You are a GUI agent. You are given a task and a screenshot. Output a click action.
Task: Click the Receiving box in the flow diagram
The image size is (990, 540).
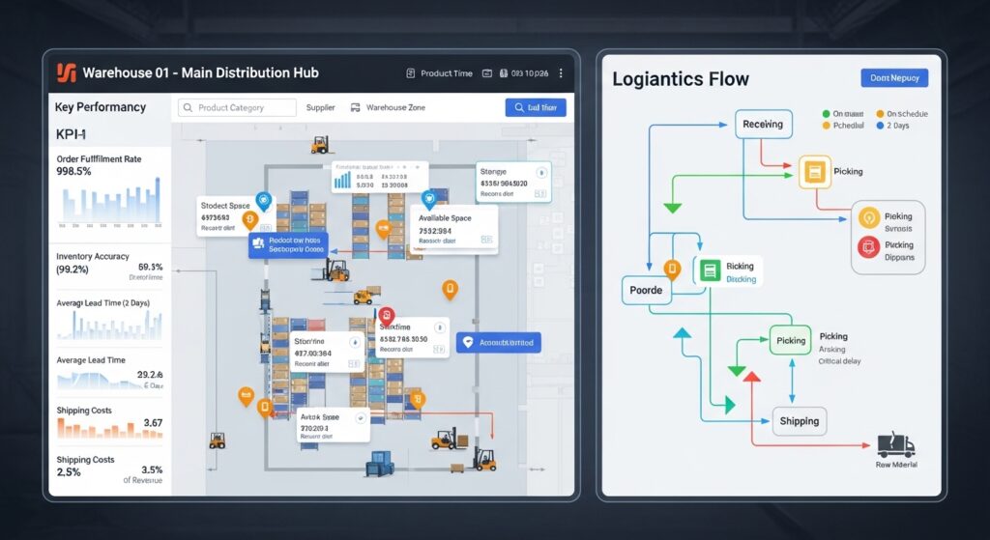tap(764, 124)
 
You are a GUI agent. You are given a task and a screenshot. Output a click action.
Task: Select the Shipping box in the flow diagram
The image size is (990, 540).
tap(800, 420)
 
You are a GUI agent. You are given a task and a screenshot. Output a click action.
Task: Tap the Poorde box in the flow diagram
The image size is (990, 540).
tap(646, 290)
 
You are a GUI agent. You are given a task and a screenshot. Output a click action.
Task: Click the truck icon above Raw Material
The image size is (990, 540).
tap(895, 444)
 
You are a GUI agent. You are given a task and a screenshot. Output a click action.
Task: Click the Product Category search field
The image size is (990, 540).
tap(236, 108)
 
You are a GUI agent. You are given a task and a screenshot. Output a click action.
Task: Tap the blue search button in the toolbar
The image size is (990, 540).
tap(535, 108)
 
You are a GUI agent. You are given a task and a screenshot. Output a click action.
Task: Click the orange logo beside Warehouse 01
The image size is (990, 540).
tap(66, 72)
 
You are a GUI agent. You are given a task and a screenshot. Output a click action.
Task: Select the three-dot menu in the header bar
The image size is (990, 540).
tap(561, 72)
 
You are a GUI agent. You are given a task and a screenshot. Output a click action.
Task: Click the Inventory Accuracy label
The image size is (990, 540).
tap(94, 257)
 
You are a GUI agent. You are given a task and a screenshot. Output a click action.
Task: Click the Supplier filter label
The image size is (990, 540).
tap(320, 108)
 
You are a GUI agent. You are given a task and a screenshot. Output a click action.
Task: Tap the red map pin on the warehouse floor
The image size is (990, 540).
tap(386, 316)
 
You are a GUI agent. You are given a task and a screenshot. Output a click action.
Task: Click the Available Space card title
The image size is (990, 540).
tap(445, 218)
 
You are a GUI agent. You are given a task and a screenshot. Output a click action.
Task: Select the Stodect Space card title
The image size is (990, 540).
tap(225, 205)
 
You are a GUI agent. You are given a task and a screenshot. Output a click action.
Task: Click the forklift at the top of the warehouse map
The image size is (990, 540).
tap(320, 144)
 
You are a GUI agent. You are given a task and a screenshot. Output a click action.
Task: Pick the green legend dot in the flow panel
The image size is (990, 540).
tap(825, 114)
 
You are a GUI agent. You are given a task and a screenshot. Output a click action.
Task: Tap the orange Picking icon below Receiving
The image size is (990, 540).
tap(815, 172)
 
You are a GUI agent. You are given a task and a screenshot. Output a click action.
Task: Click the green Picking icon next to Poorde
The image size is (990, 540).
tap(709, 272)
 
